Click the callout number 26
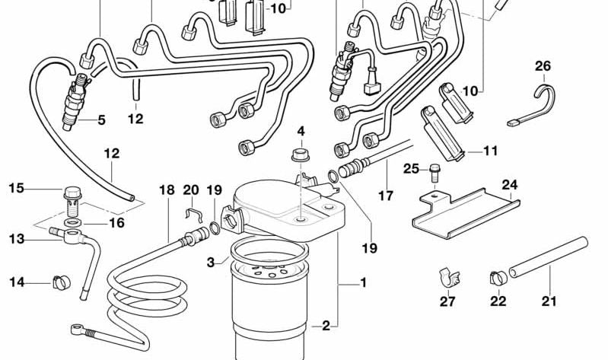[543, 66]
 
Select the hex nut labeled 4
[300, 157]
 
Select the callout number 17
[386, 196]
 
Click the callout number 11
[490, 151]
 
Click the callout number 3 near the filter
[210, 263]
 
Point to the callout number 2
[326, 326]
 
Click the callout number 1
[363, 283]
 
